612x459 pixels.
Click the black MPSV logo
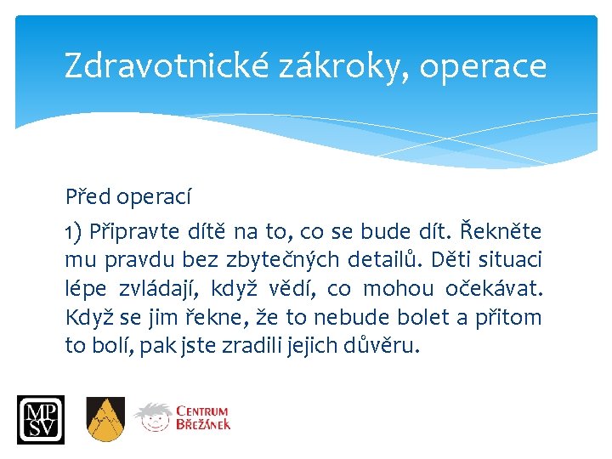click(x=40, y=419)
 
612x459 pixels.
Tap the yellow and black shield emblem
click(x=105, y=418)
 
